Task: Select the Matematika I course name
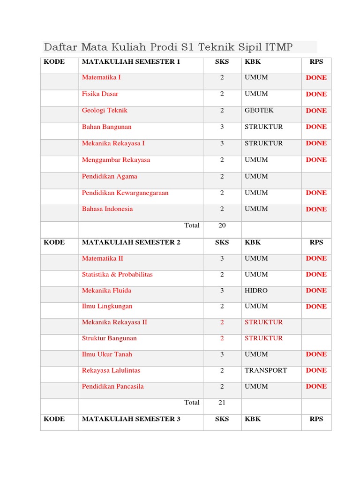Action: [101, 77]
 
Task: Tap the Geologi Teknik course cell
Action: [105, 111]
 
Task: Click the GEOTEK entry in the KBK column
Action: [259, 111]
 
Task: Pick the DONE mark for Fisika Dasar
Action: [316, 94]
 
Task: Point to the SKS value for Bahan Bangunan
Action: [222, 127]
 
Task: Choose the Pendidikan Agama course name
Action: [110, 177]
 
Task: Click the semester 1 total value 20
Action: [222, 225]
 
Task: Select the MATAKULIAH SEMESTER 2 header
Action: [131, 242]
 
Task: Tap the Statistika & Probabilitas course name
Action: [117, 275]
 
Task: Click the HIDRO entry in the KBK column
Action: [256, 291]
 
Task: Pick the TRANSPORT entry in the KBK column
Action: [266, 370]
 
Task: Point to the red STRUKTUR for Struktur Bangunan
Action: [264, 338]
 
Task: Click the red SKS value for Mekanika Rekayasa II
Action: [222, 322]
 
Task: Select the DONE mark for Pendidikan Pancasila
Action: [316, 387]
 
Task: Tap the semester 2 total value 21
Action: [222, 403]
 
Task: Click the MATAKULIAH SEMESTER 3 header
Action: [131, 419]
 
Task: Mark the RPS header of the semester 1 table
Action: [316, 61]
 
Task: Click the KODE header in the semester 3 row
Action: [54, 419]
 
